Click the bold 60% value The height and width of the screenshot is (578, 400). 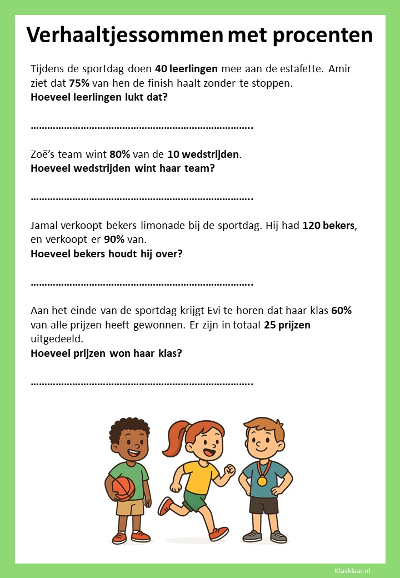(341, 311)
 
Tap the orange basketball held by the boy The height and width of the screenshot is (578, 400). (123, 489)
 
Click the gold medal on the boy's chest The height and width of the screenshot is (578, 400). (262, 480)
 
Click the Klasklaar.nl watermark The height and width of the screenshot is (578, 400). (352, 570)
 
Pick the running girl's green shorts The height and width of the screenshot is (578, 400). (195, 500)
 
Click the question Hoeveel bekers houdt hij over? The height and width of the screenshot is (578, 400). (107, 254)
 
